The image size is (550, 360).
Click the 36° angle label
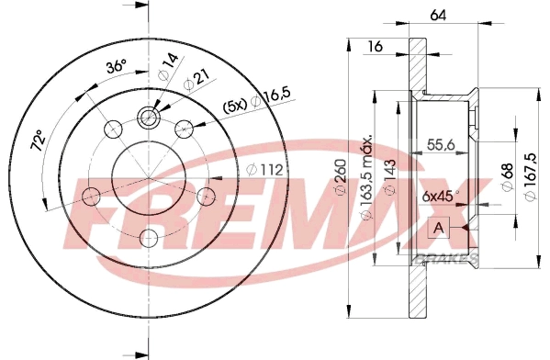[x=116, y=68]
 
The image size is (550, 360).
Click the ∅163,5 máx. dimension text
[x=366, y=174]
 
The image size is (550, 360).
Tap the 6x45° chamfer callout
[x=439, y=196]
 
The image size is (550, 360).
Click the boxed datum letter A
[x=438, y=228]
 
